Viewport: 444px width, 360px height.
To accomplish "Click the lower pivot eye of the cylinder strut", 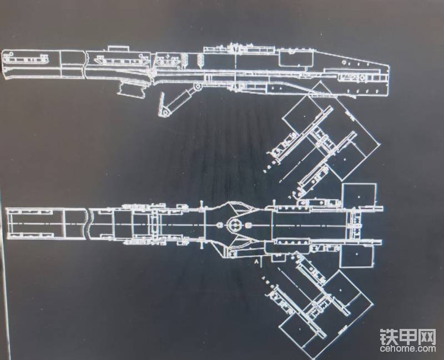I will [165, 113].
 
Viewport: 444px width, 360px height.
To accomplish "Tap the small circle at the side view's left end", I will [9, 55].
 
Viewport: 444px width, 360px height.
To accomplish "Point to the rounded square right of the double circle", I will [249, 225].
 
